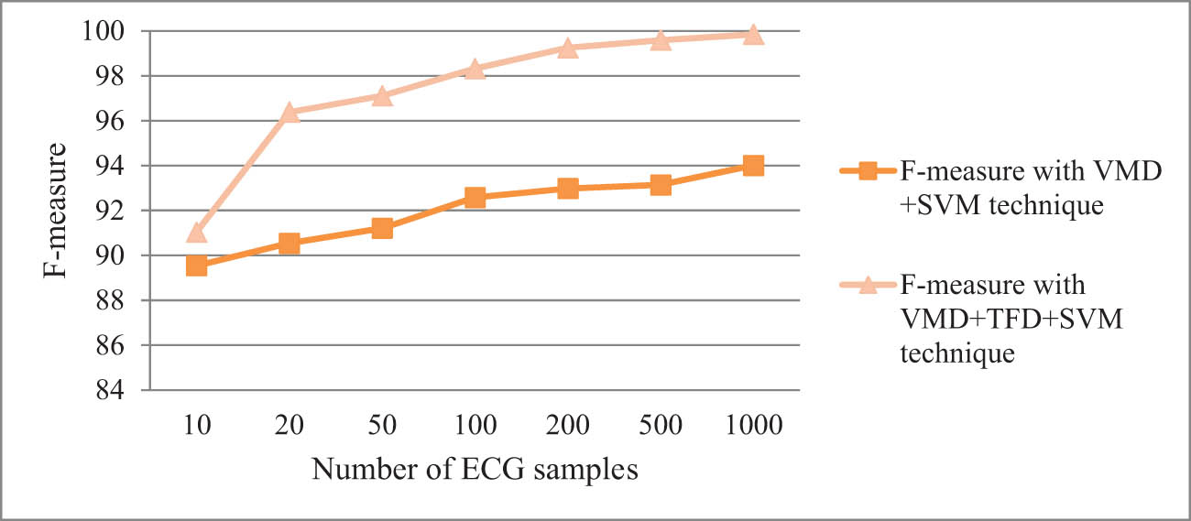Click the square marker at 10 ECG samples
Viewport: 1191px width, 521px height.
point(196,266)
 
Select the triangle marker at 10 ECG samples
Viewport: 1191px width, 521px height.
point(196,233)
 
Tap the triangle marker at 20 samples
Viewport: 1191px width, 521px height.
point(290,113)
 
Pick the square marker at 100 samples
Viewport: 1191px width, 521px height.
point(475,197)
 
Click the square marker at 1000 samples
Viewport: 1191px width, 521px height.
point(753,166)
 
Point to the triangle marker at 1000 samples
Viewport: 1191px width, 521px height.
point(753,35)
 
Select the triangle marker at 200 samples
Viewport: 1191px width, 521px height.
point(567,48)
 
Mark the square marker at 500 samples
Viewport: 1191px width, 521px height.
point(661,185)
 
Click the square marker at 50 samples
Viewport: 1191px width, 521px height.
point(382,228)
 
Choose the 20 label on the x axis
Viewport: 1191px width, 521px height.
point(290,425)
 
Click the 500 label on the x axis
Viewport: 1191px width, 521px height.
point(661,425)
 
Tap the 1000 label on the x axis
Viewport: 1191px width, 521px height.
point(753,425)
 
